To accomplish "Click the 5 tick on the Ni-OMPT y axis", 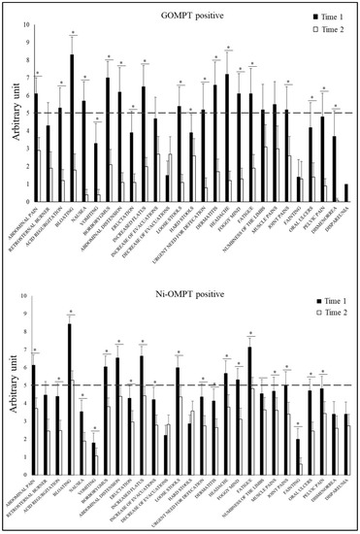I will coord(25,385).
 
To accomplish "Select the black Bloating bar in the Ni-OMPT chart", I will coord(70,399).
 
